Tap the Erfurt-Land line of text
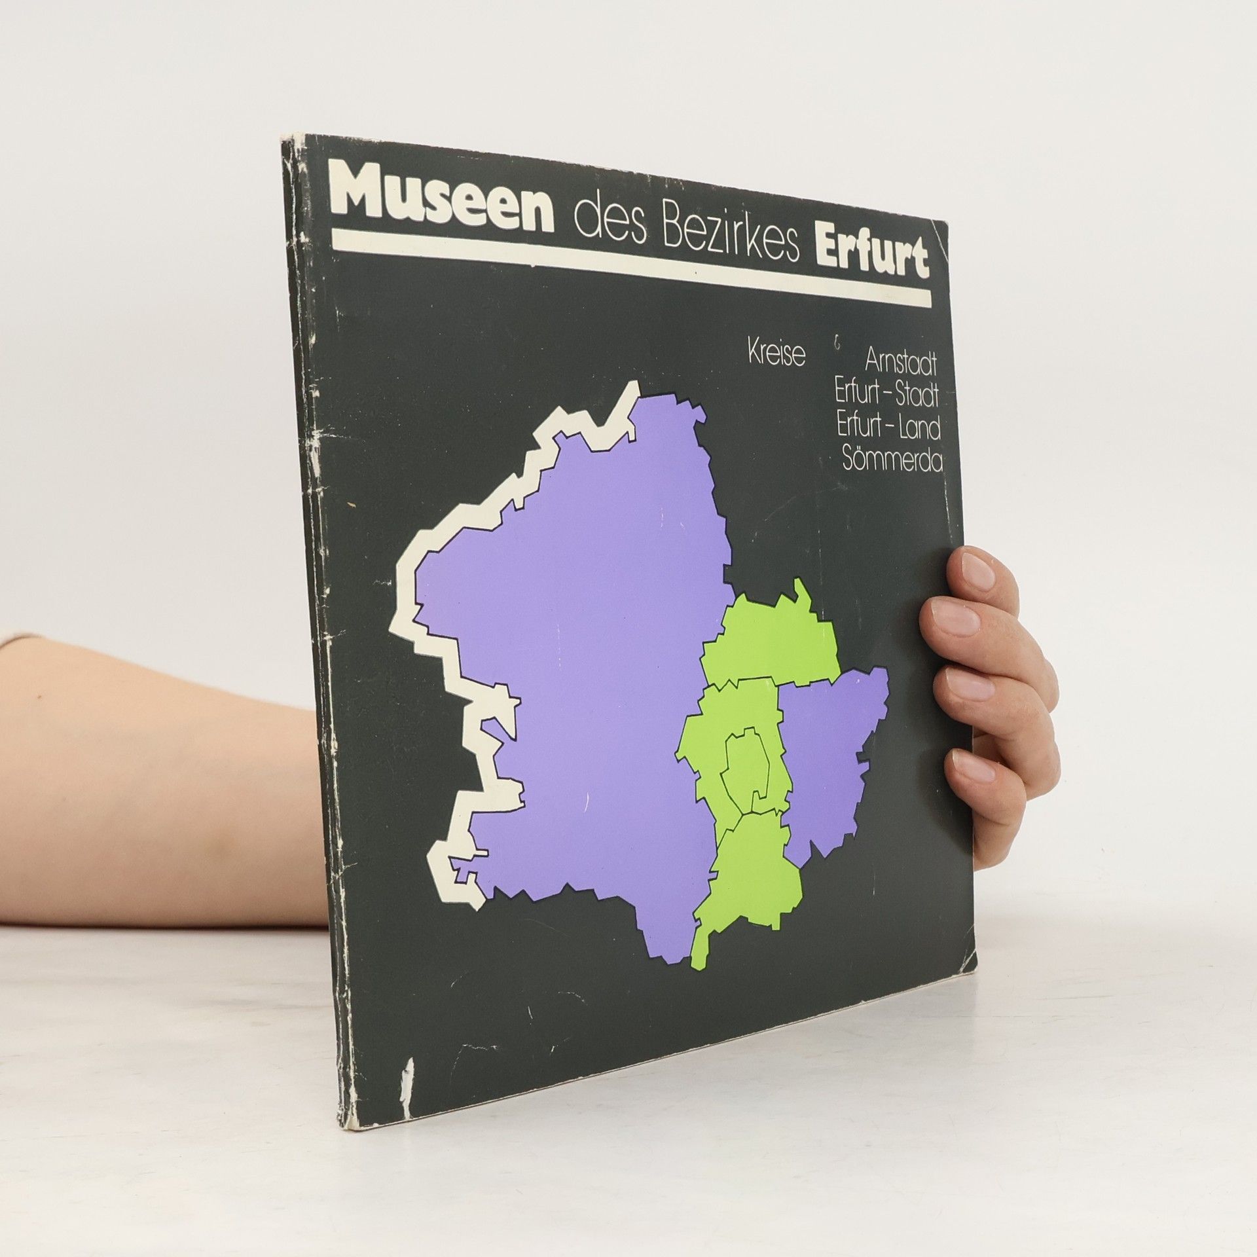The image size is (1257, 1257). (x=888, y=429)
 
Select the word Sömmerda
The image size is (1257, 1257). (x=893, y=463)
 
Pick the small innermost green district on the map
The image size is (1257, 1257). (x=746, y=765)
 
